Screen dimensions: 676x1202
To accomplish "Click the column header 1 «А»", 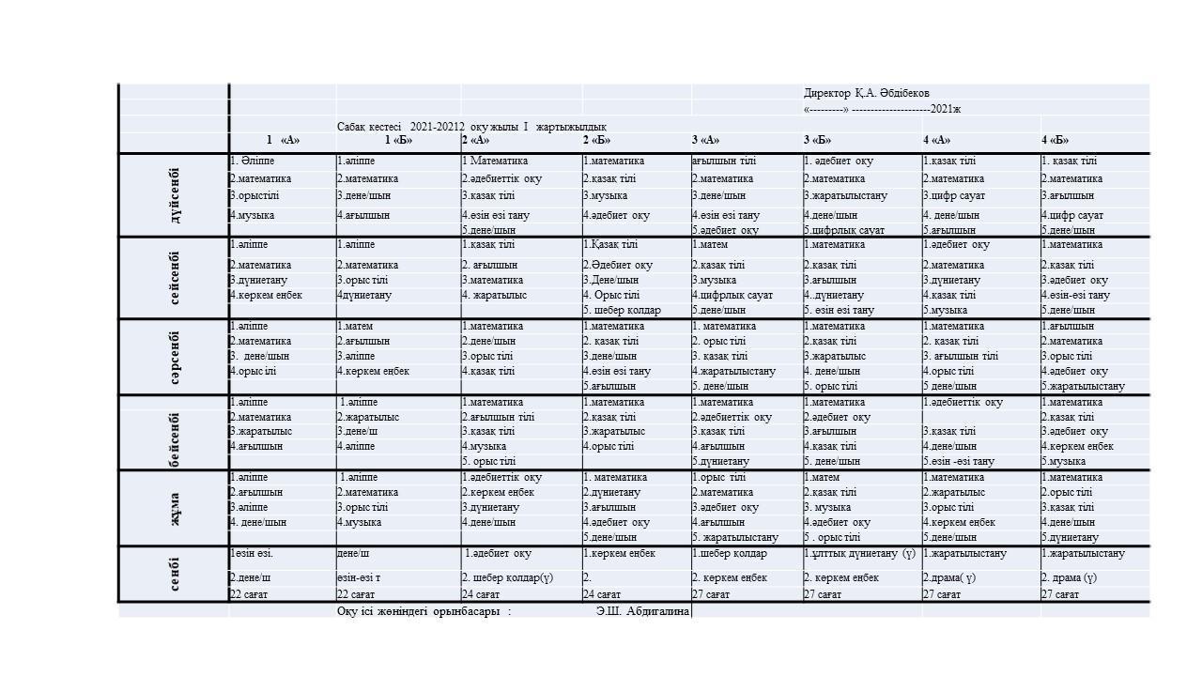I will click(x=283, y=141).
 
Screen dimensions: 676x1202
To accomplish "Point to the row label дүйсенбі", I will click(x=175, y=195).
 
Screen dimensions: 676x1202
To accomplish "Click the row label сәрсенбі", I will click(x=175, y=357).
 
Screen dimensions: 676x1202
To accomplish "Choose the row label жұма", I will click(x=175, y=508).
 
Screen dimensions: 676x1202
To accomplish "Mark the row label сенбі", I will click(x=175, y=574).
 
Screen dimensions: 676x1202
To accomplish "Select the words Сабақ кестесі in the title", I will click(x=369, y=127).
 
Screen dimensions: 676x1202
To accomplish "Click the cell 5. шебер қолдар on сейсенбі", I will click(x=622, y=310).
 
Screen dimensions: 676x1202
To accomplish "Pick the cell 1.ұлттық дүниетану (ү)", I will click(x=859, y=554).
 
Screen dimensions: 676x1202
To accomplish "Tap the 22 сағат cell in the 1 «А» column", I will click(x=249, y=594).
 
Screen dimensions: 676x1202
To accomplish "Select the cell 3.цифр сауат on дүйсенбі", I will click(x=954, y=196).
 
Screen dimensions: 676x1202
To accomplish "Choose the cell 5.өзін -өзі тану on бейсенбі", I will click(x=958, y=461).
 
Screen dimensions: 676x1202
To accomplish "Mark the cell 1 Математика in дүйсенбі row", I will click(x=495, y=161).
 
